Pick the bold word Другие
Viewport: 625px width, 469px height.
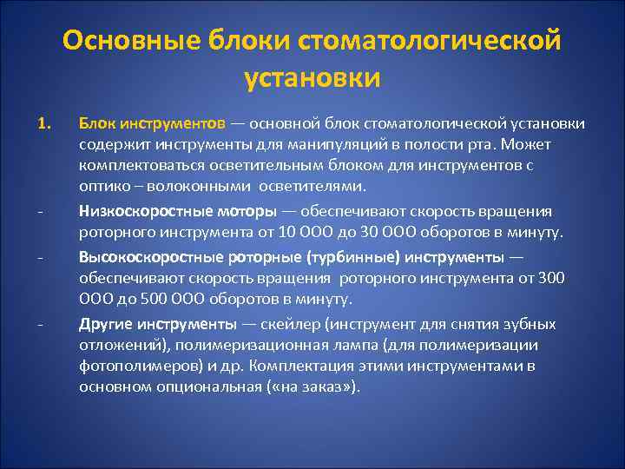coord(102,324)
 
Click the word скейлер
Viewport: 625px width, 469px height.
coord(299,324)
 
